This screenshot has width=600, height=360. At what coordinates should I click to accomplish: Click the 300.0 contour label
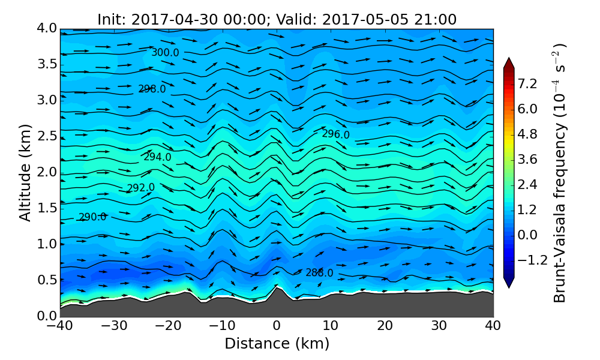(165, 53)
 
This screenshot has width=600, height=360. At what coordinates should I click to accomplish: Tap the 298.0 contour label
(152, 89)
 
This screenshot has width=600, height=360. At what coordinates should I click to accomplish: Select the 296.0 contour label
(335, 134)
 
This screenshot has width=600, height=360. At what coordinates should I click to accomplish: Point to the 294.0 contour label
(157, 157)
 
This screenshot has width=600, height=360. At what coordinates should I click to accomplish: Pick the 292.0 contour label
(140, 188)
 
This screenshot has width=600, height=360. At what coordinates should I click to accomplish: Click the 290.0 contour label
(92, 217)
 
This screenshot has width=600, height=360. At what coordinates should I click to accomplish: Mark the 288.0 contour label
(319, 273)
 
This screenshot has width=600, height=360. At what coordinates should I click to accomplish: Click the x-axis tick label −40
(60, 326)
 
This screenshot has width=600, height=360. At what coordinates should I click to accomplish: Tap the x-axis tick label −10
(222, 326)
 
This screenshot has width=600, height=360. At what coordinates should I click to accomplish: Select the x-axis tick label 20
(385, 326)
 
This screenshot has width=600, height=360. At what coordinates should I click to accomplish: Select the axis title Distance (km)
(277, 344)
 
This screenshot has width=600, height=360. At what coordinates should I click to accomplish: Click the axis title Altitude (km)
(25, 173)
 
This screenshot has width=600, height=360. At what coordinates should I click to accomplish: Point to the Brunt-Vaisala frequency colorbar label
(560, 173)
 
